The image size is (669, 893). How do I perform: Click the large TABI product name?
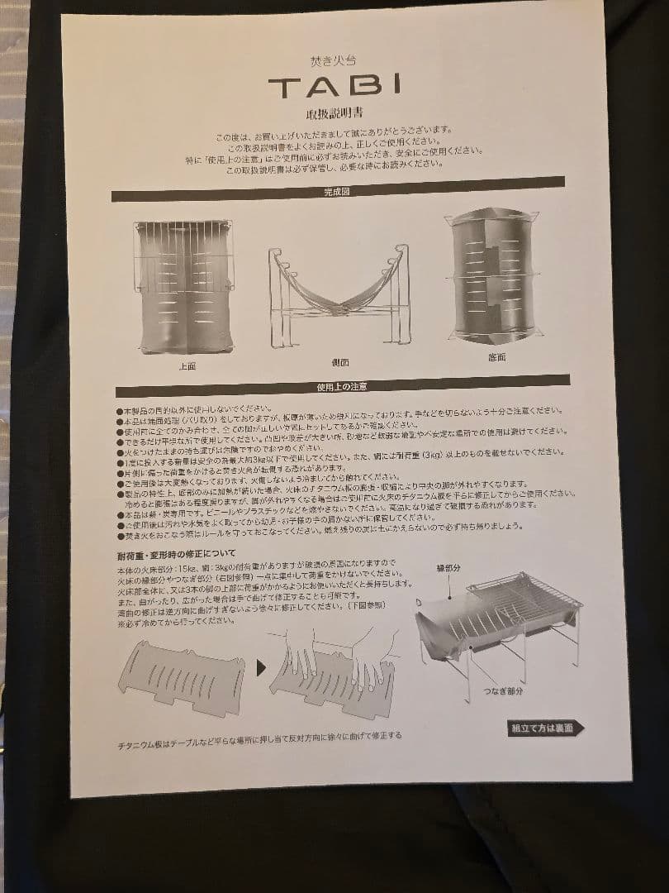[334, 85]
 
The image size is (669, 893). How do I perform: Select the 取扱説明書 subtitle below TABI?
[334, 113]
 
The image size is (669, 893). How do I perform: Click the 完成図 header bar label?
[339, 192]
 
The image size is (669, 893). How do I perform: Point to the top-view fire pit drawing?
[183, 285]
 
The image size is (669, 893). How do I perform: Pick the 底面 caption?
[497, 356]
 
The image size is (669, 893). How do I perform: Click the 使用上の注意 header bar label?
[341, 386]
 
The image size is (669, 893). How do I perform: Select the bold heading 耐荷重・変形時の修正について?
[176, 552]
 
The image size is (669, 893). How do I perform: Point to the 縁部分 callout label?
[452, 569]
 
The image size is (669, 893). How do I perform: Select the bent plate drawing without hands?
[182, 676]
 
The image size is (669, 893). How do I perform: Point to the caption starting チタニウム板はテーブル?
[259, 735]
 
